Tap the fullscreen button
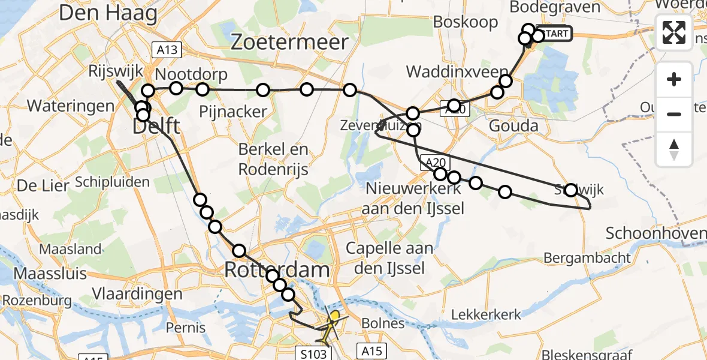click(674, 32)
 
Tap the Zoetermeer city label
click(290, 42)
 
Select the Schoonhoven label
click(655, 233)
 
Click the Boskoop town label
click(466, 22)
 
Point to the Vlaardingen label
click(137, 294)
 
